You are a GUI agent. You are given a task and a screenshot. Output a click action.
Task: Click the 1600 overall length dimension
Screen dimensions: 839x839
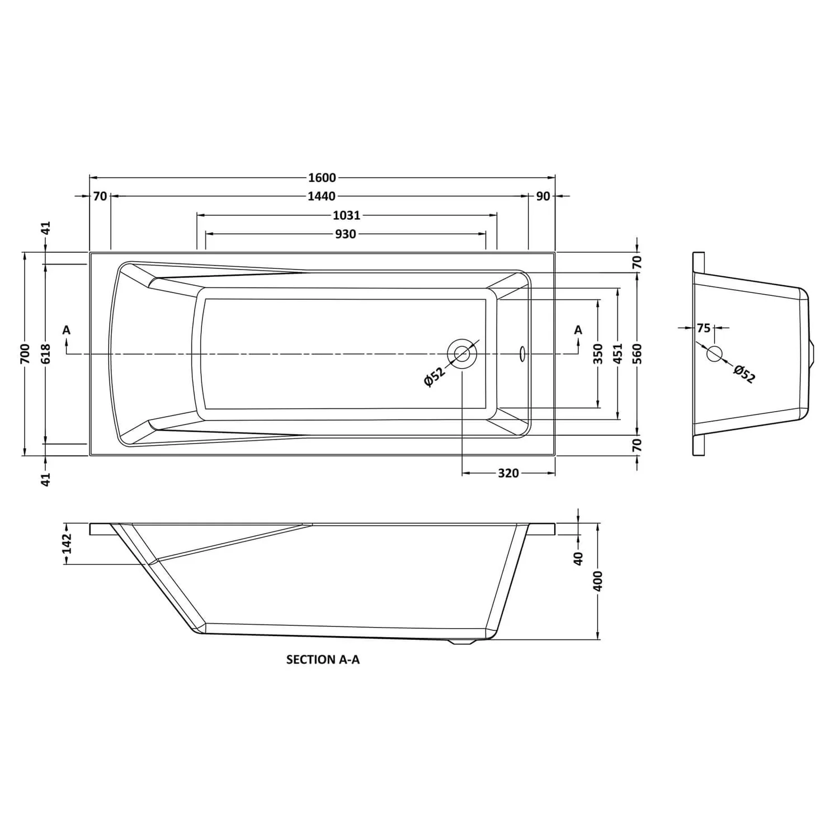tap(322, 178)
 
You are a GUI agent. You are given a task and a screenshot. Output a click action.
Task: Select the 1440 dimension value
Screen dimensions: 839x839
tap(322, 196)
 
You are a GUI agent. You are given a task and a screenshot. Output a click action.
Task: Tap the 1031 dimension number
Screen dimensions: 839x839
tap(347, 215)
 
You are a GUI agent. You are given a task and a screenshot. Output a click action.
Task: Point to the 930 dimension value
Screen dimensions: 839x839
tap(346, 234)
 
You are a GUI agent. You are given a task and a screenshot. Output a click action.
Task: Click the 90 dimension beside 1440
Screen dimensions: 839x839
tap(543, 196)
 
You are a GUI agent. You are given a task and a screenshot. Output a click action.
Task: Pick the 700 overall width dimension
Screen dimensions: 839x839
tap(25, 353)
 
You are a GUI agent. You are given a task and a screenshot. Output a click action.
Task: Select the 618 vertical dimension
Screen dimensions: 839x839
tap(46, 353)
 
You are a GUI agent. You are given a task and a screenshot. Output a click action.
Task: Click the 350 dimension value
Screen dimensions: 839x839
tap(598, 353)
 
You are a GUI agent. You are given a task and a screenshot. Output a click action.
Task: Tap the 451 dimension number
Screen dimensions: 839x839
tap(618, 353)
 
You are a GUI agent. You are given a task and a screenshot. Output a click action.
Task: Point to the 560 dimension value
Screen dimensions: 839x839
tap(638, 353)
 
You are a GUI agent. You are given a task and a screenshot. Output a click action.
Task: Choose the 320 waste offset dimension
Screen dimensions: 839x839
tap(508, 473)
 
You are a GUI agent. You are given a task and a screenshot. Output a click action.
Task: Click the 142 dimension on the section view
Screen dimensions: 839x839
tap(67, 544)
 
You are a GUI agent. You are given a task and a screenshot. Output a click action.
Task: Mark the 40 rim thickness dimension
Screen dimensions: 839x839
tap(578, 558)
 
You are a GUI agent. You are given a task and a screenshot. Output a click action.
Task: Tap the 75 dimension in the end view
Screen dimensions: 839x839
tap(704, 328)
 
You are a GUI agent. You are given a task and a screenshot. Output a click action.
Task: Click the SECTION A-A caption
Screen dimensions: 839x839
tap(323, 660)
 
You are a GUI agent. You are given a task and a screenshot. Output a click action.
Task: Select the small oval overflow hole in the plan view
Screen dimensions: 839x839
tap(522, 353)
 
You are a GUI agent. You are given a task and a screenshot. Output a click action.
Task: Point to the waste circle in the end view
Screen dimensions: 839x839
tap(714, 353)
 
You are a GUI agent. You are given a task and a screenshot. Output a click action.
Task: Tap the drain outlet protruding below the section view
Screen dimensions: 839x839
tap(462, 643)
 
